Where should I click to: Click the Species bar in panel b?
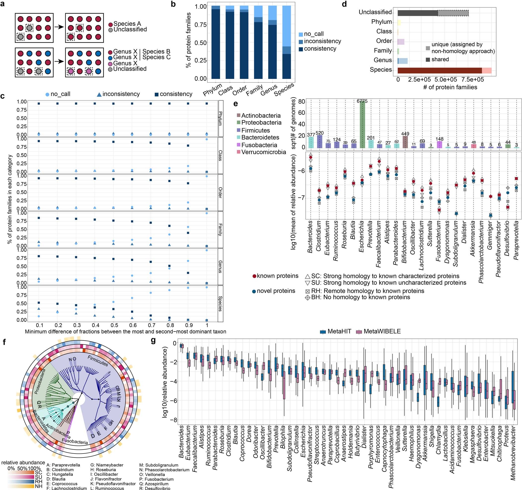coord(287,42)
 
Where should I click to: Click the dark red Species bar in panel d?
coord(440,70)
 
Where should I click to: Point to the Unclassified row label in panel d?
coord(375,12)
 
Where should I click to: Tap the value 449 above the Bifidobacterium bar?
coord(405,134)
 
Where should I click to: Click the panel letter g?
coord(153,341)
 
